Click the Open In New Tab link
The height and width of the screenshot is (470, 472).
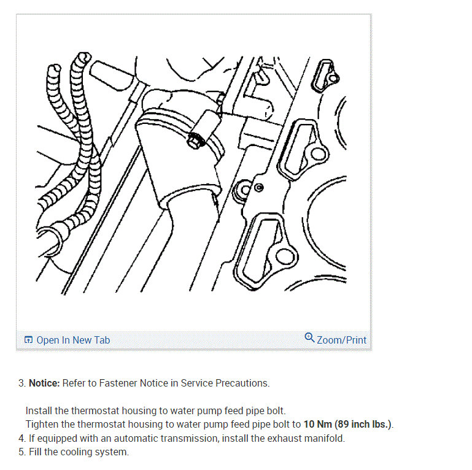[x=73, y=340]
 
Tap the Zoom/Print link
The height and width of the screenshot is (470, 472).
[x=342, y=340]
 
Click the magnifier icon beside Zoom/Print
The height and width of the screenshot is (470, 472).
[x=309, y=337]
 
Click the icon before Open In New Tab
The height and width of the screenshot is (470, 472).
[x=28, y=340]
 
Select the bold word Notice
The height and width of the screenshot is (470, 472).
[x=44, y=383]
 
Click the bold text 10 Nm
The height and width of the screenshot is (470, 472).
[x=317, y=424]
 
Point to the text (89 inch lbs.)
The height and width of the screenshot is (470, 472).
[x=363, y=424]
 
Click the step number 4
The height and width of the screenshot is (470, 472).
[x=21, y=438]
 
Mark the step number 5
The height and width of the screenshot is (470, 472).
[x=21, y=452]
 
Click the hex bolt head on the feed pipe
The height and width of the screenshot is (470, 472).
[x=193, y=141]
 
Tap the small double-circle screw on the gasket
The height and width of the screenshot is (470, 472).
[x=259, y=188]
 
